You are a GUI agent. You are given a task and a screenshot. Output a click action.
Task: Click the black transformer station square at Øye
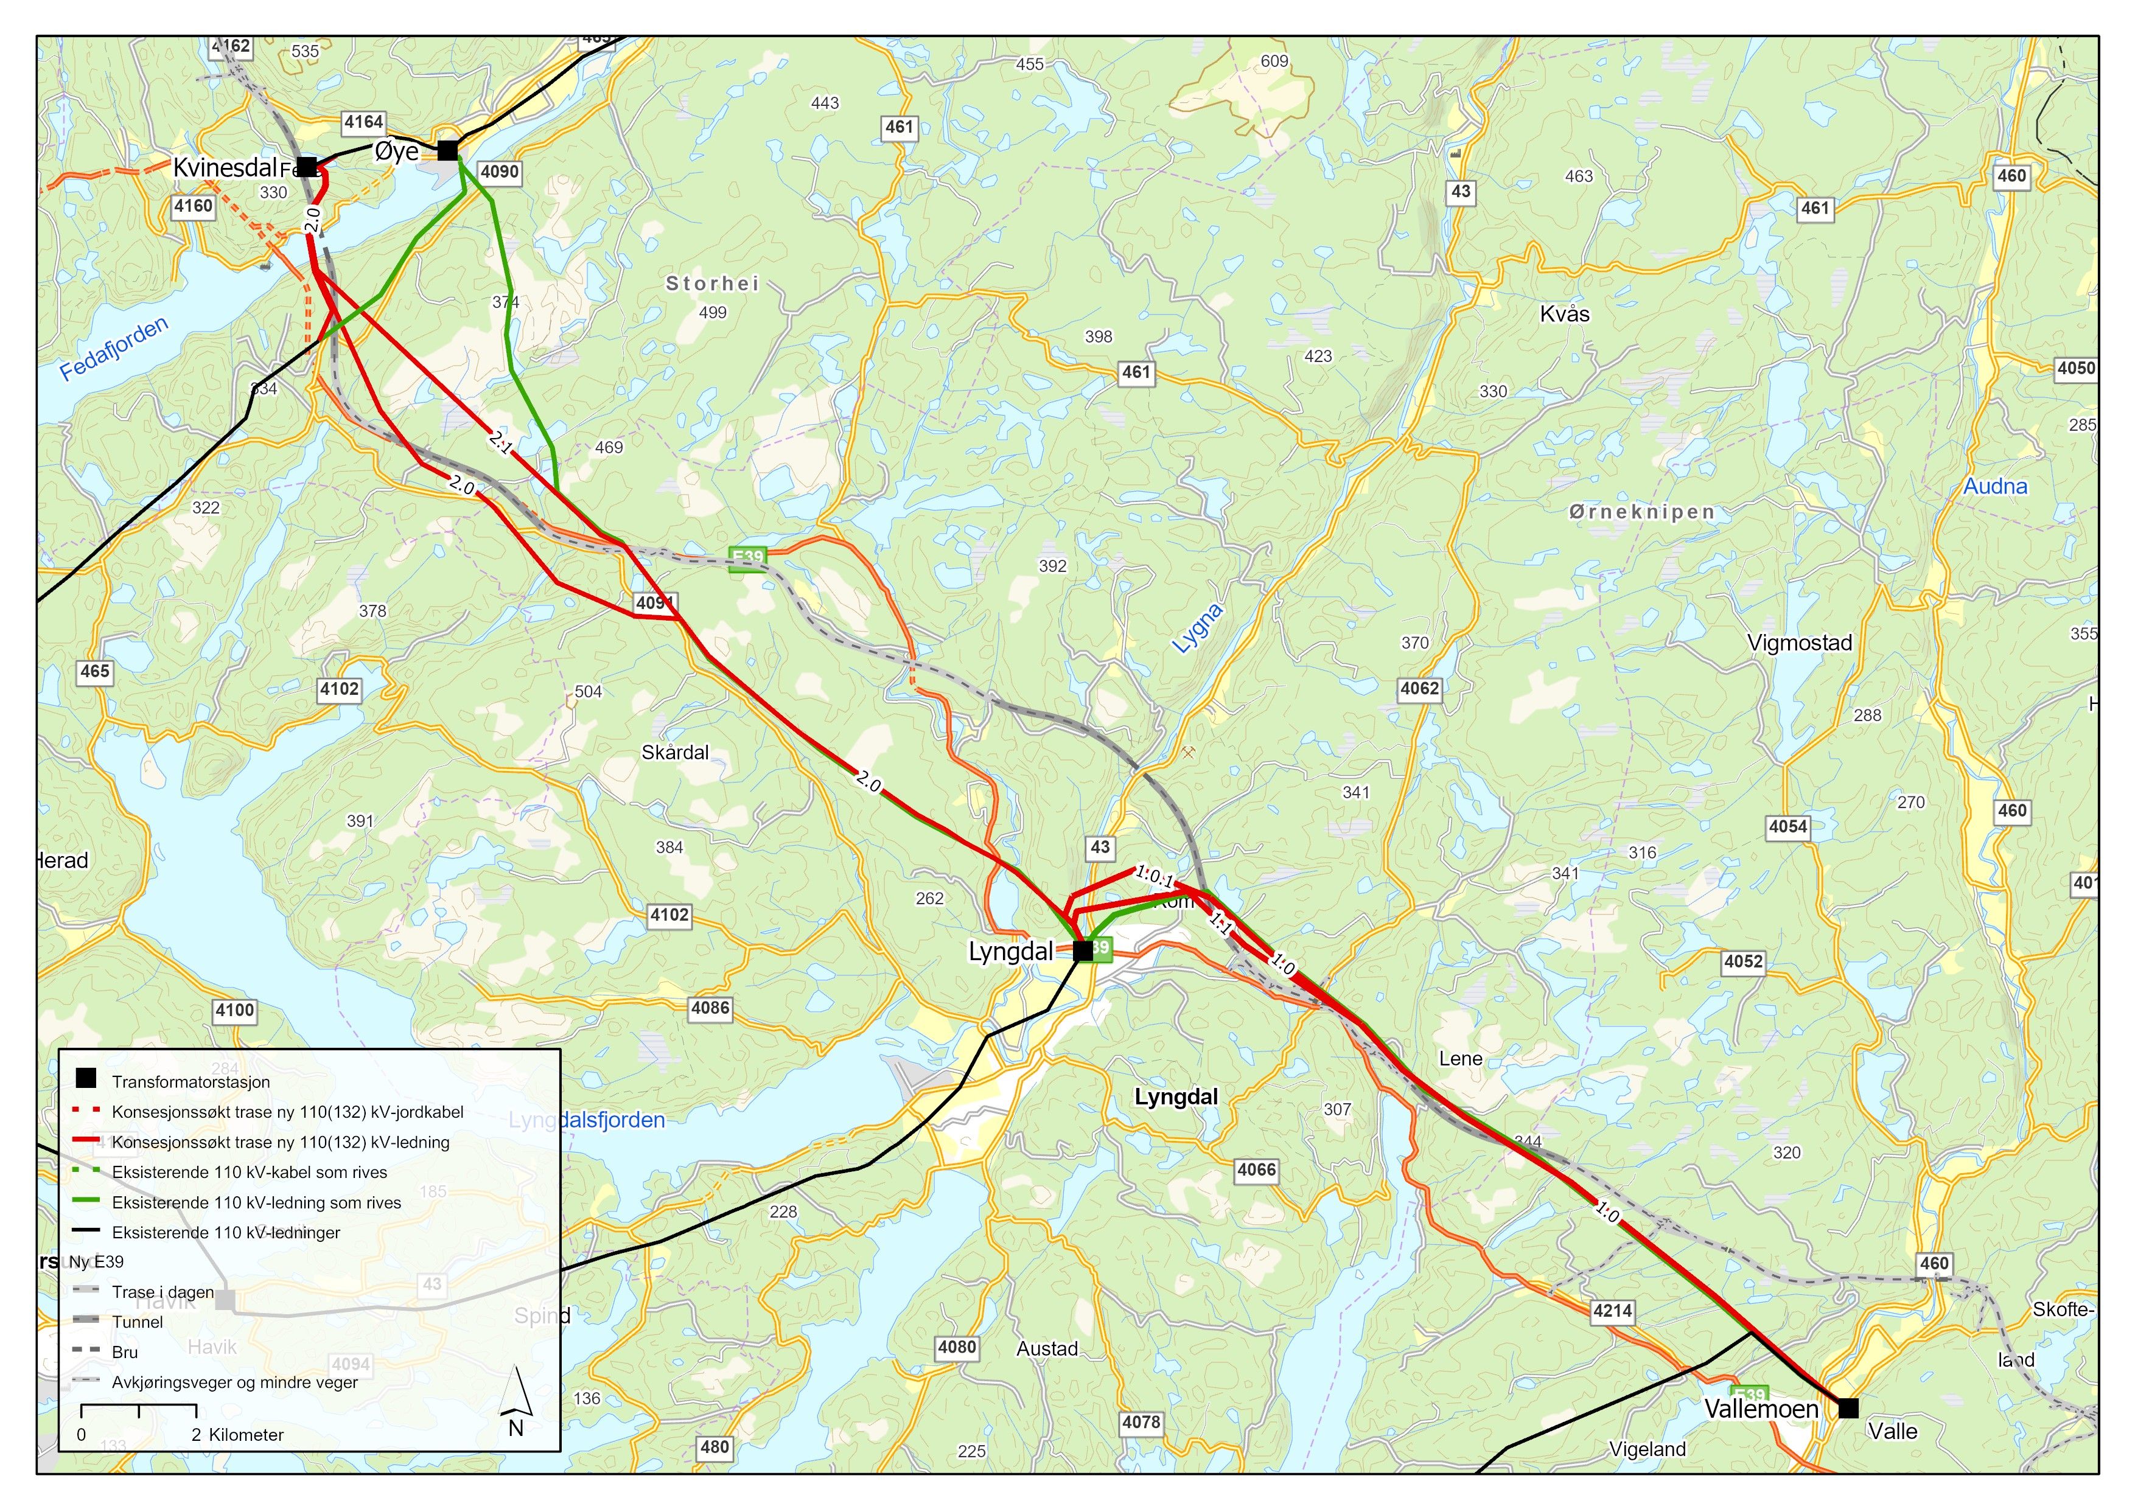(x=448, y=150)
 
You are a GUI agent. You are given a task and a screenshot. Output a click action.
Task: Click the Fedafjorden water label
(x=113, y=349)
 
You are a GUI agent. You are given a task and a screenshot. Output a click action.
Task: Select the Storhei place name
(x=712, y=284)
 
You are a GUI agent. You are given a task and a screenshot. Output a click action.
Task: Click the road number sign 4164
(x=363, y=122)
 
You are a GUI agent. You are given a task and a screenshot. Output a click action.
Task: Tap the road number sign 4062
(x=1419, y=689)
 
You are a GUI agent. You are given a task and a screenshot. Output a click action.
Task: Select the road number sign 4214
(x=1612, y=1311)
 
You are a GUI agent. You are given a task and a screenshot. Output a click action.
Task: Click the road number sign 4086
(x=710, y=1008)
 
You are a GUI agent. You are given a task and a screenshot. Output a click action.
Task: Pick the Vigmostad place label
(x=1799, y=643)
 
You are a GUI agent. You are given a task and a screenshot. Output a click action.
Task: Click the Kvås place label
(x=1565, y=314)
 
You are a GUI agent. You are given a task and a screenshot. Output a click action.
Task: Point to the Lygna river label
(x=1198, y=629)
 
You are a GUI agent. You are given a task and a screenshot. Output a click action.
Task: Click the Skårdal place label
(x=675, y=752)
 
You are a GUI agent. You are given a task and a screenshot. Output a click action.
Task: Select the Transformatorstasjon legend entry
(x=190, y=1081)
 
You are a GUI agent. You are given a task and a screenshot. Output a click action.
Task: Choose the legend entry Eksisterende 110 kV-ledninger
(x=226, y=1232)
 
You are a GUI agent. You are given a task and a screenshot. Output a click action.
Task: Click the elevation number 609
(x=1274, y=61)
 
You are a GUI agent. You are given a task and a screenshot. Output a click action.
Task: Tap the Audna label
(x=1994, y=486)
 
